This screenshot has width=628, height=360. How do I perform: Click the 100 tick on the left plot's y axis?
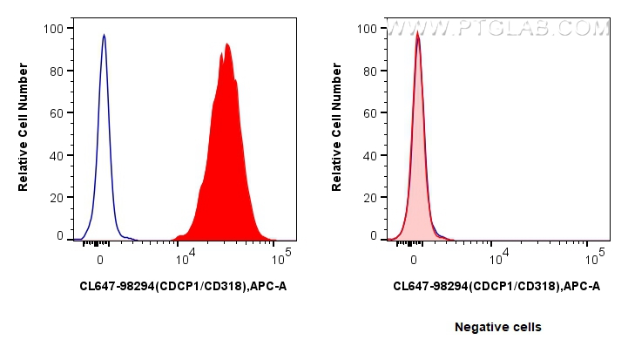[x=53, y=29]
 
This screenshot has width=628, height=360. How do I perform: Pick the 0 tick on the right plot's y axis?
[x=373, y=236]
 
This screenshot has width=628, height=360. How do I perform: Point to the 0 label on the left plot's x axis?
[x=101, y=259]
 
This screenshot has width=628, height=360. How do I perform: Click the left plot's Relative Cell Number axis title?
[x=24, y=131]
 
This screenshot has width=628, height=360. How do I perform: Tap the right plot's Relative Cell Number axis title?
[x=337, y=131]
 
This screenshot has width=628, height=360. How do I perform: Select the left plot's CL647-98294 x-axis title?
[x=182, y=285]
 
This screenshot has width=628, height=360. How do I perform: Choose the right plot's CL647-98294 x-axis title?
[x=496, y=285]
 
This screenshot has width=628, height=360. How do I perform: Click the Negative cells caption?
[x=497, y=327]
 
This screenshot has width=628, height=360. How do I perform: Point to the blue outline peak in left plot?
[x=104, y=37]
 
